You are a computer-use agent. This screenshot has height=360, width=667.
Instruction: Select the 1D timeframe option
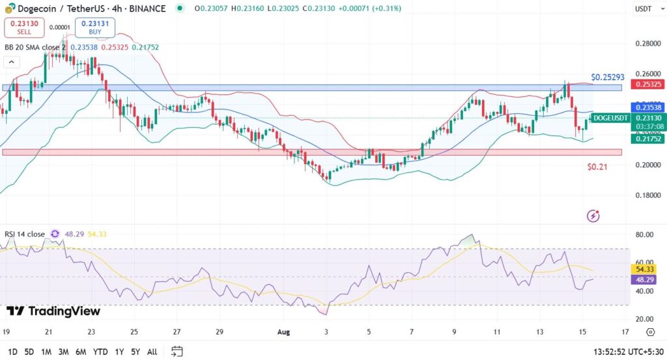click(12, 352)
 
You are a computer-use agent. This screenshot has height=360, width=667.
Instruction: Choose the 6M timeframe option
click(81, 352)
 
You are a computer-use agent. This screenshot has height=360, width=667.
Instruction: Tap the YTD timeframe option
click(100, 352)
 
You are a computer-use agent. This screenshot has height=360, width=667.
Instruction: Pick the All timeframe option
click(152, 352)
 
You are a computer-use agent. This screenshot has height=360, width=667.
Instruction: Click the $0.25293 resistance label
click(608, 77)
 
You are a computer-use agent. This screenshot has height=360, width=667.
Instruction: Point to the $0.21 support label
click(597, 167)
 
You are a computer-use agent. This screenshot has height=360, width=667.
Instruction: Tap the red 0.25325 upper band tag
click(648, 84)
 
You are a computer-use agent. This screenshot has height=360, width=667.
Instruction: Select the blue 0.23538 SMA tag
click(648, 107)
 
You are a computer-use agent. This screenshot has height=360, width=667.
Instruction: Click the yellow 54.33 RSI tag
click(645, 268)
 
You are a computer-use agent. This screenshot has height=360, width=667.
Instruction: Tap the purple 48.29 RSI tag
click(645, 279)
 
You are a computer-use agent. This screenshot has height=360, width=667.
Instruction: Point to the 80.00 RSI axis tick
click(644, 234)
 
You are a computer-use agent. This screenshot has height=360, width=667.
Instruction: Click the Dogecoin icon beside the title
click(8, 8)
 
